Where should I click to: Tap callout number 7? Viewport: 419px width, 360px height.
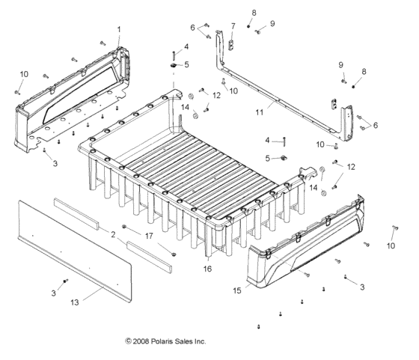pos(233,26)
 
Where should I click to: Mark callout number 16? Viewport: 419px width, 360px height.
pos(208,268)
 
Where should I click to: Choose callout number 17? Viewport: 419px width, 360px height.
pos(150,236)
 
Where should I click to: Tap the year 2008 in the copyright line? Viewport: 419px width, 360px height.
pos(141,341)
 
